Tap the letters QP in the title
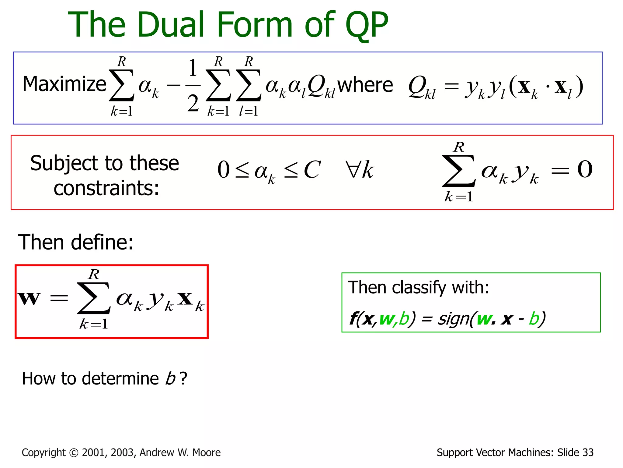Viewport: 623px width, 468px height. [366, 25]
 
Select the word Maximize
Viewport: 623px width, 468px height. [64, 84]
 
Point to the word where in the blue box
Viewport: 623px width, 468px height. [365, 85]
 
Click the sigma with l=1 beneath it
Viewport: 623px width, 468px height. [249, 85]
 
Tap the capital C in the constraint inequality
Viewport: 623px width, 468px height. [312, 170]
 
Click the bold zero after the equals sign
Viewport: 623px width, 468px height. [585, 169]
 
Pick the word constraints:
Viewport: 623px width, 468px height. [106, 188]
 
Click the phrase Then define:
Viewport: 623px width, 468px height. [76, 243]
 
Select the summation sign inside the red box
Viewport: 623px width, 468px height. [93, 298]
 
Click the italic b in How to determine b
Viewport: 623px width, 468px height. [170, 379]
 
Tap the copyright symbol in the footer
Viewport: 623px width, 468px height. [74, 453]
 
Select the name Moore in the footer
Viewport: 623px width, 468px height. [207, 453]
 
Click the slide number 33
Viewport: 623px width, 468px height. [588, 453]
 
